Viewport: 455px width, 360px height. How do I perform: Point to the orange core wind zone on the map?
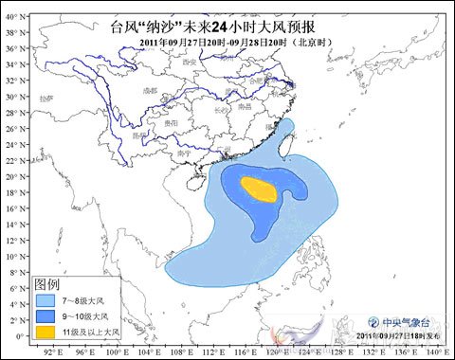[257, 188]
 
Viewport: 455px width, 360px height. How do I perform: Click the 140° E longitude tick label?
[437, 349]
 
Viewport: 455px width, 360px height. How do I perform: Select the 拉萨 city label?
[49, 98]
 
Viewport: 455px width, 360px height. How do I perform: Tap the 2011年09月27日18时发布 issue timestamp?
[398, 336]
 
